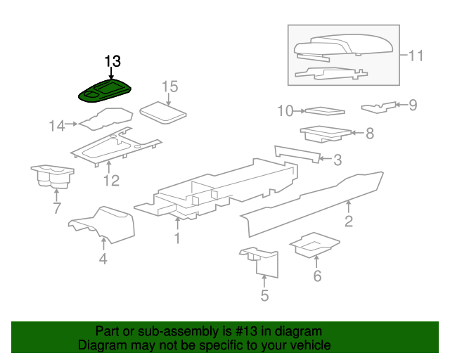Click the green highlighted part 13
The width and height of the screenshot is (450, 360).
[x=105, y=91]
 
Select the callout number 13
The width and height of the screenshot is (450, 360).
[x=112, y=61]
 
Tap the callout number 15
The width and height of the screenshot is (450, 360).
[x=170, y=86]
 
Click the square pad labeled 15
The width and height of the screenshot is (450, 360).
[x=162, y=112]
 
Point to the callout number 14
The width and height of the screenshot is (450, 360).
[x=57, y=126]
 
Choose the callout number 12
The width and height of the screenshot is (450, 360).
[x=111, y=181]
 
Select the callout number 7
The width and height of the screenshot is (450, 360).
[x=57, y=208]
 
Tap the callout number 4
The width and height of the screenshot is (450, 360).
[x=103, y=259]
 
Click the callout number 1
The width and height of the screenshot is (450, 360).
[x=177, y=238]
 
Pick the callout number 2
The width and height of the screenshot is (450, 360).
[x=349, y=221]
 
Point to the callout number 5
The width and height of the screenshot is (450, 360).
[x=264, y=295]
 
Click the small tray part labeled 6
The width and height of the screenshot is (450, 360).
[x=315, y=245]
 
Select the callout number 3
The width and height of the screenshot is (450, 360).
[x=337, y=160]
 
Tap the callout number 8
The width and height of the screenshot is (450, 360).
[x=370, y=134]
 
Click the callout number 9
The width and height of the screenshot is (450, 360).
[x=413, y=105]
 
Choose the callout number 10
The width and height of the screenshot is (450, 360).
[x=285, y=111]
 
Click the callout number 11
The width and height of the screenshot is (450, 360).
[x=416, y=56]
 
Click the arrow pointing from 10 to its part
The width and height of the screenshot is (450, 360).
[x=300, y=111]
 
